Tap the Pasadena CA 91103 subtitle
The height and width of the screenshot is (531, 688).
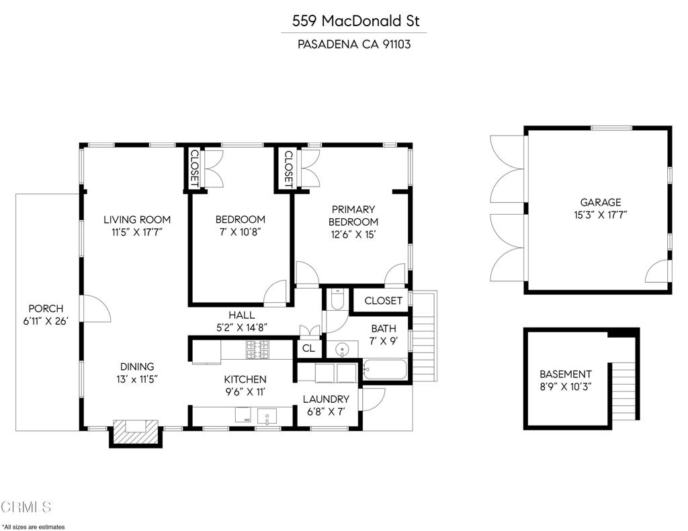pos(353,45)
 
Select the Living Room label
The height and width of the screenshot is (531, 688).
pos(136,220)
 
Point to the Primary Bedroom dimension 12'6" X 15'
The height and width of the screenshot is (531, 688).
pos(353,234)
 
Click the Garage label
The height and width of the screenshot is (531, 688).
pos(601,202)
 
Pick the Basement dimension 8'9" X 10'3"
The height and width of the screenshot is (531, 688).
pos(565,387)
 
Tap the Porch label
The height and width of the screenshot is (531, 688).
pos(46,309)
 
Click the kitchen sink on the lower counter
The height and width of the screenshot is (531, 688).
pos(267,416)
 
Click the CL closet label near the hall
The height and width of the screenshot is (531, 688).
pos(308,348)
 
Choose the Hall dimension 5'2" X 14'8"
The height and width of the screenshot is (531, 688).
pos(241,328)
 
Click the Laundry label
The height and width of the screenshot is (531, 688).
pos(325,399)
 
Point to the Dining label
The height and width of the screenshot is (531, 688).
pos(137,367)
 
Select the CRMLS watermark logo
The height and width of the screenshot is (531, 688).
pos(26,506)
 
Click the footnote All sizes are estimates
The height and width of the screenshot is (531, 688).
pos(34,526)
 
